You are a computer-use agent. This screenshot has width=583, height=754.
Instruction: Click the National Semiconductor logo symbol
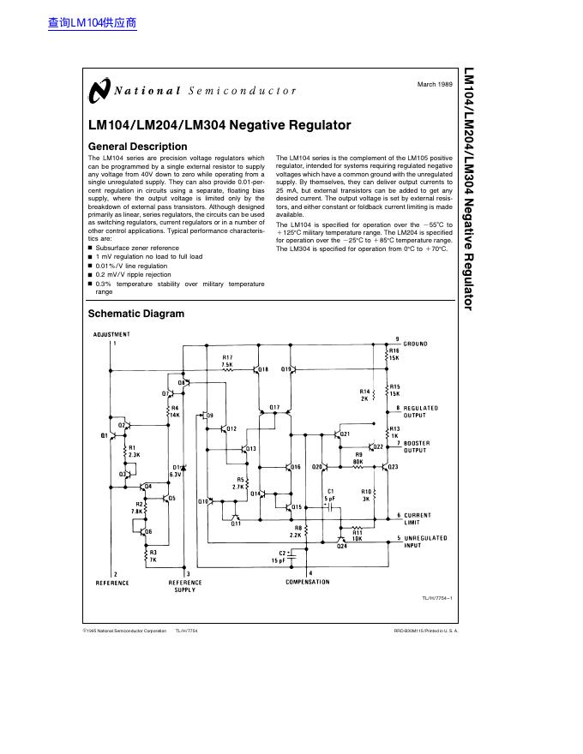(x=99, y=90)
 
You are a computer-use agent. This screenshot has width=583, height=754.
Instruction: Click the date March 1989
(x=435, y=84)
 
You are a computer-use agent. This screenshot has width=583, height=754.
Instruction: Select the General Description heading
(x=137, y=147)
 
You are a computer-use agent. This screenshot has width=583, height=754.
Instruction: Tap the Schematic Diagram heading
(x=136, y=314)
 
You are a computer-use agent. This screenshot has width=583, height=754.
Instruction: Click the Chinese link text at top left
(x=93, y=23)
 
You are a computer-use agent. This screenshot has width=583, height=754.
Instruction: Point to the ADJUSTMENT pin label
(x=111, y=334)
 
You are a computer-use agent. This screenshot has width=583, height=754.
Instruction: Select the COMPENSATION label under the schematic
(x=307, y=582)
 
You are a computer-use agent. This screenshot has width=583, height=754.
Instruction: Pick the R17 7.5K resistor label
(x=227, y=361)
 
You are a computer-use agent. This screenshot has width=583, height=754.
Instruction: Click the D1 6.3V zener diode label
(x=176, y=470)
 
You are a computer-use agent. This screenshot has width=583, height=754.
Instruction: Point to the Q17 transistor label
(x=274, y=406)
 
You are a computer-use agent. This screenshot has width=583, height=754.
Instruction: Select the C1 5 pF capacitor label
(x=329, y=494)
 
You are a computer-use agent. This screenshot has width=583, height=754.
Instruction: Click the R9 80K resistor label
(x=358, y=458)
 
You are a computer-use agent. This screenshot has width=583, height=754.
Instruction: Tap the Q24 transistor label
(x=341, y=546)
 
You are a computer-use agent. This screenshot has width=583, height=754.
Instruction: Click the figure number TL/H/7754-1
(x=436, y=598)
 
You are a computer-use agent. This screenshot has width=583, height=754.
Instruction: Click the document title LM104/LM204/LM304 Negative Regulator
(x=219, y=125)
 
